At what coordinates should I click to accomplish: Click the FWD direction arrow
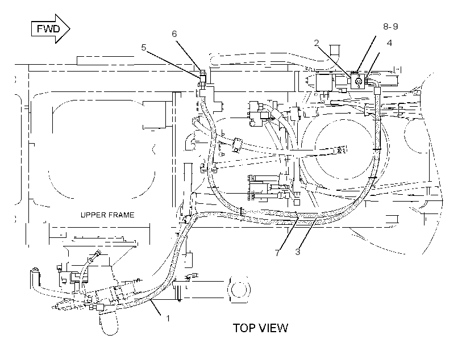pyautogui.click(x=51, y=29)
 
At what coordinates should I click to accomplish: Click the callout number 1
pyautogui.click(x=168, y=319)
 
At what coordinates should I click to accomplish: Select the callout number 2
pyautogui.click(x=317, y=43)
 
